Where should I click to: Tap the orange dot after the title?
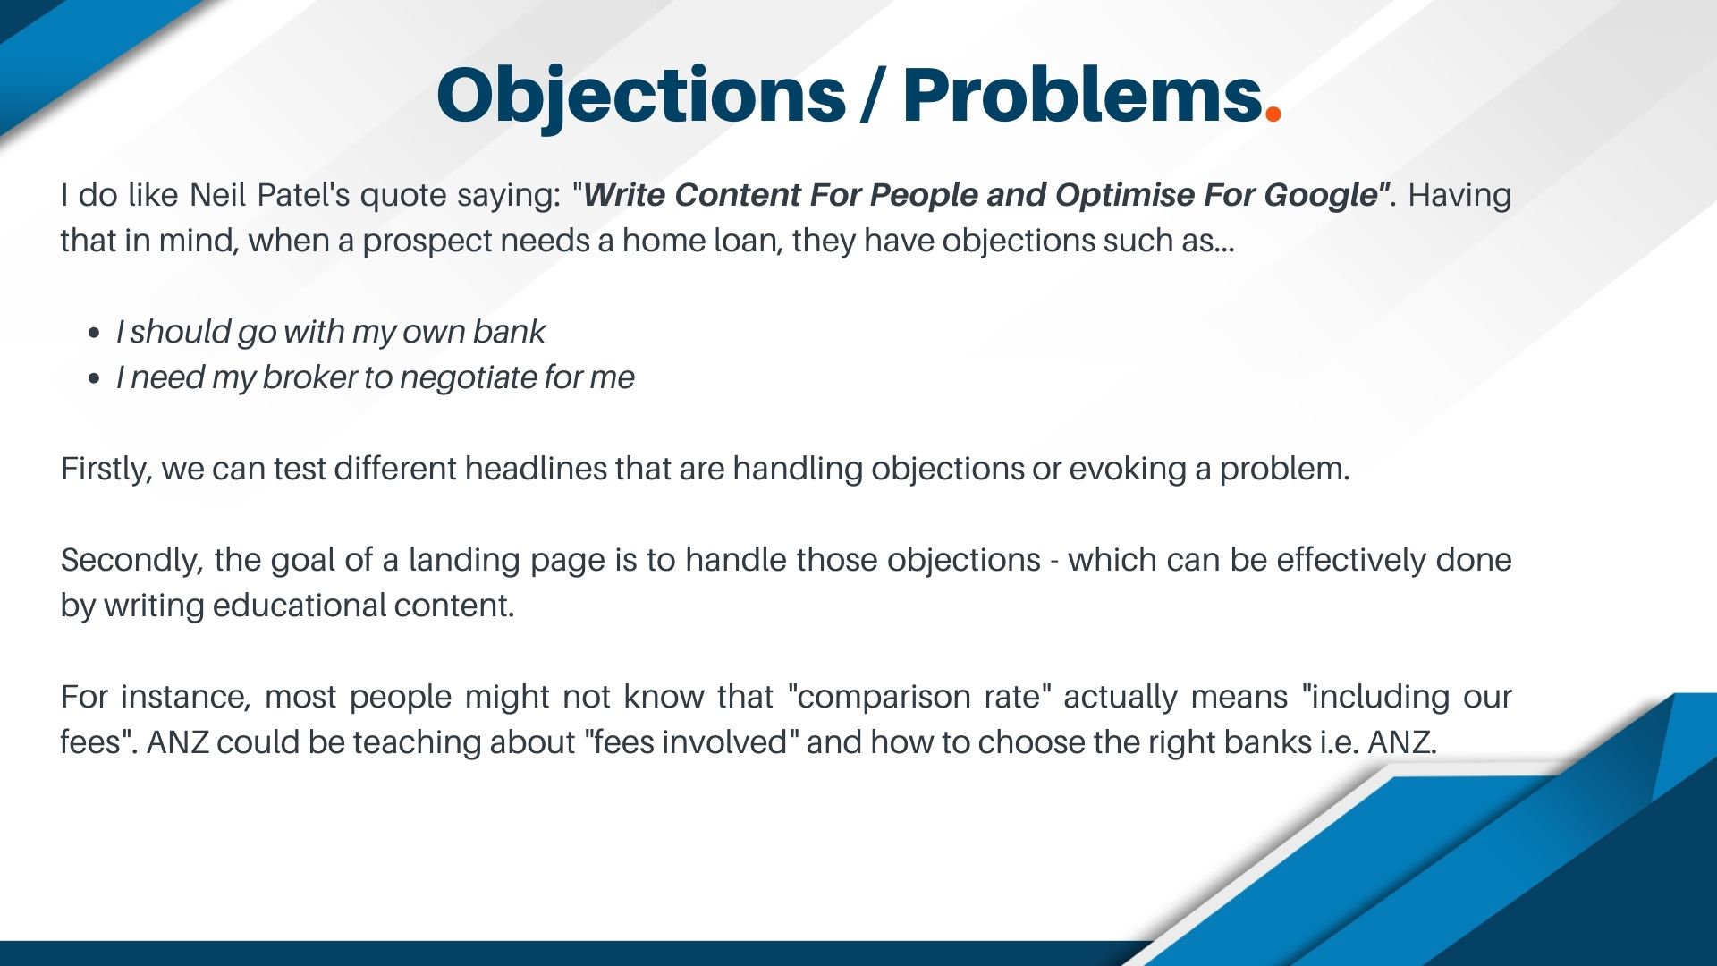pyautogui.click(x=1274, y=114)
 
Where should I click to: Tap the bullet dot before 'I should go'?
pyautogui.click(x=95, y=334)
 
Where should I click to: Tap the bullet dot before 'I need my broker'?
pyautogui.click(x=95, y=379)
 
